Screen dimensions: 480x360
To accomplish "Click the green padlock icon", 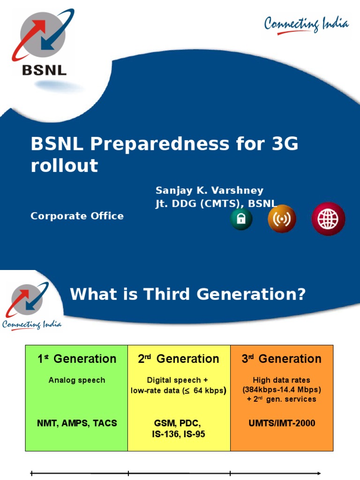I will coord(241,219).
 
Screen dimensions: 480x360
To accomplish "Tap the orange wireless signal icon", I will coord(282,219).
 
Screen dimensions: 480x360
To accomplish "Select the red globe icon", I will coord(328,219).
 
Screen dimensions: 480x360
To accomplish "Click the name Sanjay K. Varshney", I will coord(210,191).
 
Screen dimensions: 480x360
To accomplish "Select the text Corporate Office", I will coord(77,216).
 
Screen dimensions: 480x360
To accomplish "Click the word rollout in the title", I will coord(65,165).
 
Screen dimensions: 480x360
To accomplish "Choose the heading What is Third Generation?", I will coord(187,295).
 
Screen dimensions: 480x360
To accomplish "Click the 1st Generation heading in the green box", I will coord(77,359).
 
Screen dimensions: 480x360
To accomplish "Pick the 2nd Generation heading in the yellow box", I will coord(179,359).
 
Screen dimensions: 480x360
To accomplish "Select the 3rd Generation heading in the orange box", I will coord(281,359).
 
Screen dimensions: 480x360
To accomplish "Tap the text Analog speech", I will coord(77,380).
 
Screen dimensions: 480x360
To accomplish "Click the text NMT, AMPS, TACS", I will coord(77,423).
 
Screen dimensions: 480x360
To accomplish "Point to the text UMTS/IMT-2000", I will coord(282,423).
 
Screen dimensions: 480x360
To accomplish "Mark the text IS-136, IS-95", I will coord(179,435).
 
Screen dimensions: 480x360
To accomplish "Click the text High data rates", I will coord(282,380).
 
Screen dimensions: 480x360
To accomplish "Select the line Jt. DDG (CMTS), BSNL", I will coord(216,203).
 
